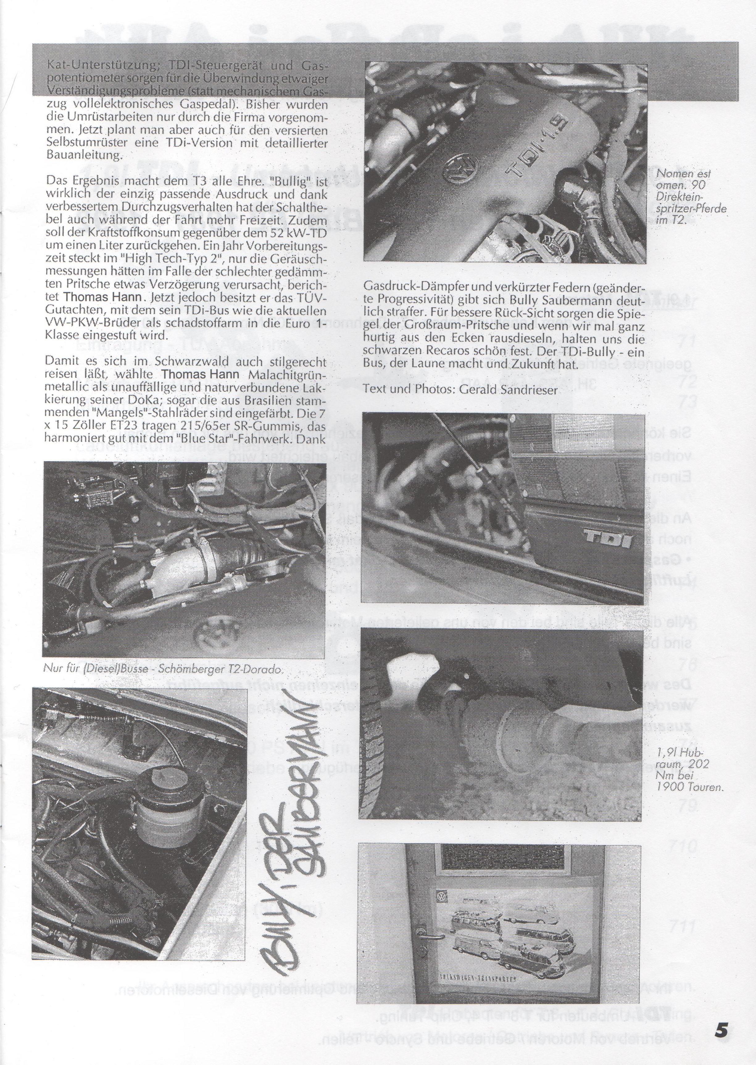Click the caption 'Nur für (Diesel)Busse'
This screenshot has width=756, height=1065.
pyautogui.click(x=163, y=670)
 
